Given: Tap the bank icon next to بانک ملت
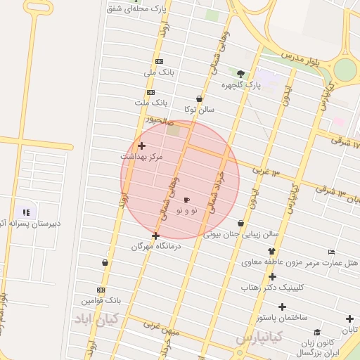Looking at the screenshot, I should pyautogui.click(x=150, y=92).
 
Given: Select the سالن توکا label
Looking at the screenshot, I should pyautogui.click(x=199, y=110).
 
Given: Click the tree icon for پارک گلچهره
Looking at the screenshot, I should pyautogui.click(x=241, y=74).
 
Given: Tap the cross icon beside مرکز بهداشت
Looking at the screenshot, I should pyautogui.click(x=141, y=146).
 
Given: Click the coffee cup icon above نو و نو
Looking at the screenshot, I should pyautogui.click(x=186, y=200).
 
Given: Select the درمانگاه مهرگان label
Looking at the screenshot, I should pyautogui.click(x=156, y=247).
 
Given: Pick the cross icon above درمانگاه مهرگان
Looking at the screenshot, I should pyautogui.click(x=155, y=236).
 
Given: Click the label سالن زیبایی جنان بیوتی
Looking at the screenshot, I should pyautogui.click(x=242, y=234).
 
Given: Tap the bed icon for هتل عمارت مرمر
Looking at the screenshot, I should pyautogui.click(x=331, y=252).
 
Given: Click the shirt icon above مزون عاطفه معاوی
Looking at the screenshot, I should pyautogui.click(x=271, y=251).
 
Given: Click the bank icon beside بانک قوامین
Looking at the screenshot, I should pyautogui.click(x=101, y=290).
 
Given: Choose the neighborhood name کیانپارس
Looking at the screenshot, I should pyautogui.click(x=259, y=339).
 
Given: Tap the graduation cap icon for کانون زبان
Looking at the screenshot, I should pyautogui.click(x=317, y=333).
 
